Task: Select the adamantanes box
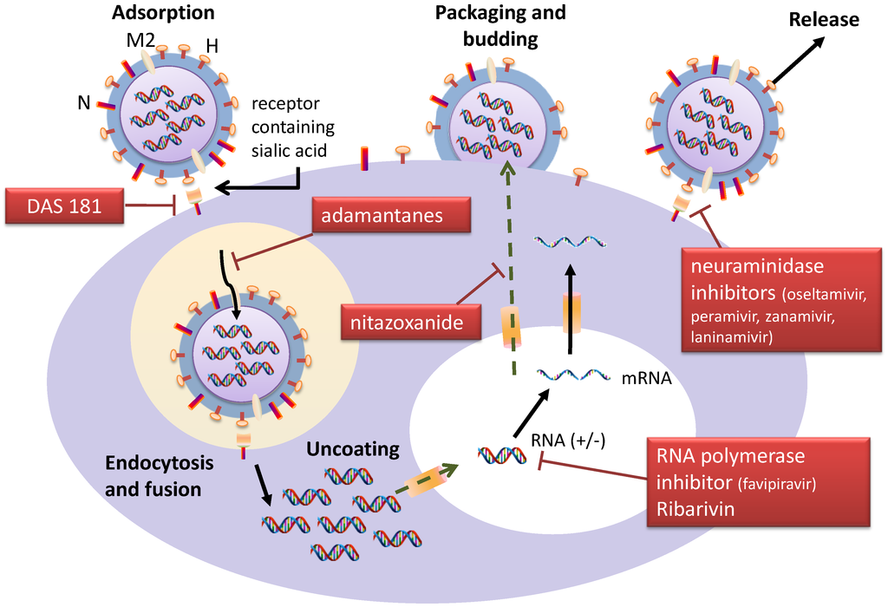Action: [392, 217]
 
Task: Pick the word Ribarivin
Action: [695, 508]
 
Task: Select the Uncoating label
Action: [352, 449]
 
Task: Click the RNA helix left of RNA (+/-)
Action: [499, 454]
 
